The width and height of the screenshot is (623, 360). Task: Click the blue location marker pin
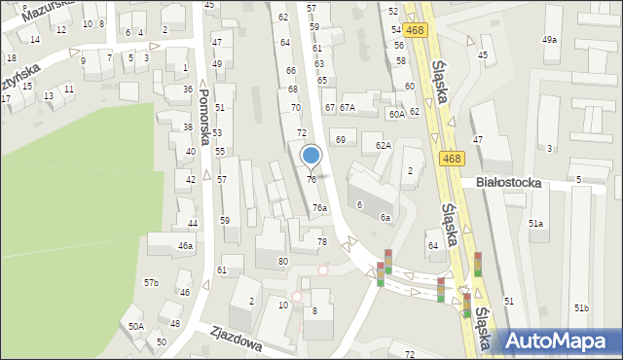pyautogui.click(x=311, y=156)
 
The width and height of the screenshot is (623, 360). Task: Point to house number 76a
pyautogui.click(x=319, y=208)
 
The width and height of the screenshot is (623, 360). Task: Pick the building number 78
pyautogui.click(x=322, y=241)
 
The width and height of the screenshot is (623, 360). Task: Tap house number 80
pyautogui.click(x=283, y=262)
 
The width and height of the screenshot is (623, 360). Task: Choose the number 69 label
pyautogui.click(x=341, y=140)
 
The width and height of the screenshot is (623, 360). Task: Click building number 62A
pyautogui.click(x=384, y=146)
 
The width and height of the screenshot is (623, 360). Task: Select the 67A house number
pyautogui.click(x=348, y=107)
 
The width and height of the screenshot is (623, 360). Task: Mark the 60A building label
pyautogui.click(x=396, y=115)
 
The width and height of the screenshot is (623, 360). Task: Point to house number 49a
pyautogui.click(x=550, y=40)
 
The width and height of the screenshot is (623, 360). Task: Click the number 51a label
pyautogui.click(x=536, y=224)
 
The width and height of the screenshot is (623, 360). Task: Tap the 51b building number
pyautogui.click(x=581, y=308)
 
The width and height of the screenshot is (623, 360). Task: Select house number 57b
pyautogui.click(x=152, y=283)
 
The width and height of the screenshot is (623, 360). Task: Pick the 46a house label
pyautogui.click(x=185, y=246)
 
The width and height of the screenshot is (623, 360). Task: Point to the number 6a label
pyautogui.click(x=385, y=218)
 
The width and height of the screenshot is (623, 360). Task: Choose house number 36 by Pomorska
pyautogui.click(x=187, y=90)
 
